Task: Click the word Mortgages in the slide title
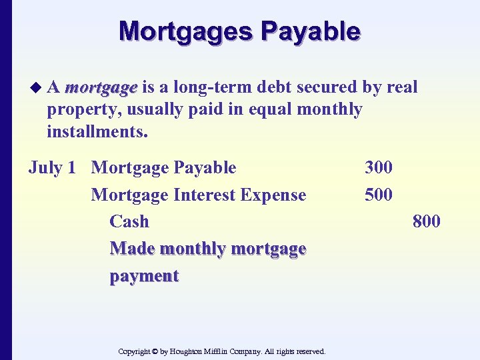click(185, 31)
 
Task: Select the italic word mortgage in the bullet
click(101, 87)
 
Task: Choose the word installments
click(97, 131)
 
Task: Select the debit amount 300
click(378, 167)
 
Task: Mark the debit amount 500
click(378, 195)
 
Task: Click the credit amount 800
click(426, 221)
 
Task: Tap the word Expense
click(277, 195)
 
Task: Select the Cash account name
click(129, 221)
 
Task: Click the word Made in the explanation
click(132, 249)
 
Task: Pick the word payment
click(144, 276)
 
